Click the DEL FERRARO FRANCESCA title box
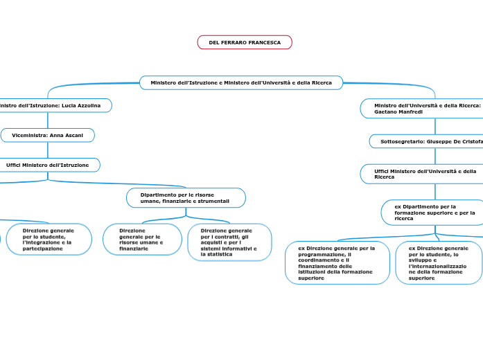click(x=245, y=43)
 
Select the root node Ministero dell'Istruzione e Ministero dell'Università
click(x=241, y=83)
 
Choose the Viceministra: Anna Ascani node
click(x=47, y=135)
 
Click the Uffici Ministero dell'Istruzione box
click(x=49, y=165)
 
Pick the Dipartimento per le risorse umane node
click(x=186, y=198)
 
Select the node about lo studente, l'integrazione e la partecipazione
click(x=49, y=239)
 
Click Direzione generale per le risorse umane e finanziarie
click(x=141, y=239)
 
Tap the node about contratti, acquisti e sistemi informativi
click(x=229, y=242)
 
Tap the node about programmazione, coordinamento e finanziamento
click(x=337, y=262)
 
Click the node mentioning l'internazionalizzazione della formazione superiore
click(x=438, y=262)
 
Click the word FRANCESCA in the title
click(x=266, y=43)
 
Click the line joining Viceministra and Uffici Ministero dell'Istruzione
click(x=48, y=150)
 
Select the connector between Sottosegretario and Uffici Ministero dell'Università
click(x=435, y=156)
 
